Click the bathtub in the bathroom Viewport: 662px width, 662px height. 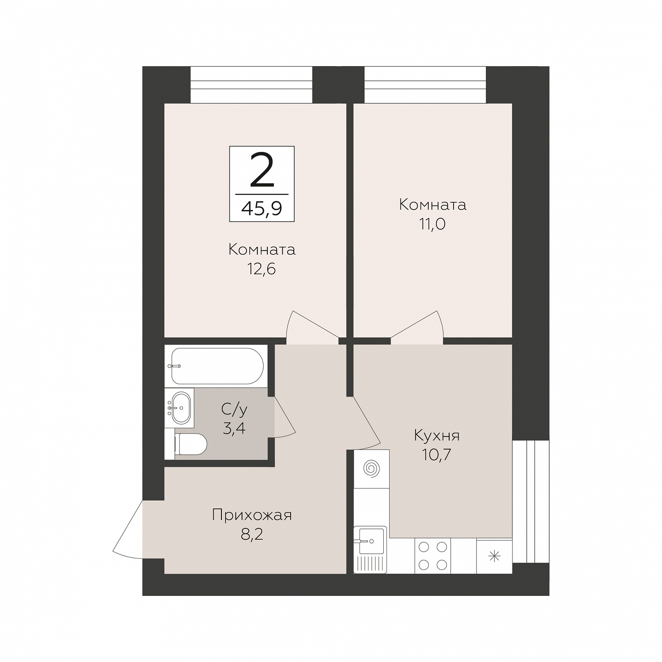click(217, 366)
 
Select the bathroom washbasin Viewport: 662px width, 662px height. click(180, 407)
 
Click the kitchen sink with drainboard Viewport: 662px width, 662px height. click(370, 550)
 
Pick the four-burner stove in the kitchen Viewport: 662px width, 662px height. click(433, 556)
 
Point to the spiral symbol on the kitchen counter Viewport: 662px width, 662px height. click(372, 468)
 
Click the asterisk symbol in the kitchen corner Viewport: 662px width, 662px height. click(494, 556)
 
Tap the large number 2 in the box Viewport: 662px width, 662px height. click(262, 170)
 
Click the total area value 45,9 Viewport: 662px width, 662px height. click(262, 209)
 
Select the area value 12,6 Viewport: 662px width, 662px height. click(261, 269)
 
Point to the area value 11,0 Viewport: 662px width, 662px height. click(432, 224)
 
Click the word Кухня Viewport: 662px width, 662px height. click(437, 436)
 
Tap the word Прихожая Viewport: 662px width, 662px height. click(252, 515)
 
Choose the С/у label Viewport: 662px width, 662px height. click(234, 408)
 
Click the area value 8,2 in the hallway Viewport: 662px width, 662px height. click(252, 535)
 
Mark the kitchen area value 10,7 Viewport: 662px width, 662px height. click(436, 455)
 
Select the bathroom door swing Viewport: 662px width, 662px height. click(284, 417)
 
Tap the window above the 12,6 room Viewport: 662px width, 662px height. click(251, 85)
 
